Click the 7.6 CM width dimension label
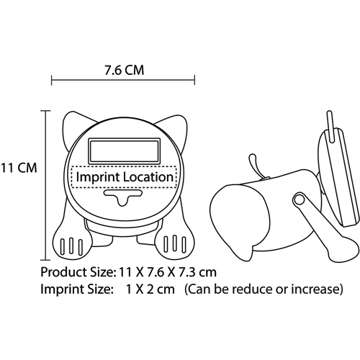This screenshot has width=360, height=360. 125,71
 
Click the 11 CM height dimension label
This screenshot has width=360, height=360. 19,168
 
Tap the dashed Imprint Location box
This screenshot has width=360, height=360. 125,177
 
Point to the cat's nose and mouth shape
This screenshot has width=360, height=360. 123,197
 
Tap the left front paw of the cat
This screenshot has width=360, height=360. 72,243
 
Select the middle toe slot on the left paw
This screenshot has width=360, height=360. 71,246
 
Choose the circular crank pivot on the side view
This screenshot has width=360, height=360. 299,199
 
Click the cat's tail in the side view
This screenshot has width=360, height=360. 255,166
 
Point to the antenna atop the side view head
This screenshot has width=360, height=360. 330,126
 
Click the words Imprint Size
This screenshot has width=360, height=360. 76,289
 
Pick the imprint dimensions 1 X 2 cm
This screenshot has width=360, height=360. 150,289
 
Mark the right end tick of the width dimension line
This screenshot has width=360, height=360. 194,80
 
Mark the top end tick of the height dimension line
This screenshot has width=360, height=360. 45,111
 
